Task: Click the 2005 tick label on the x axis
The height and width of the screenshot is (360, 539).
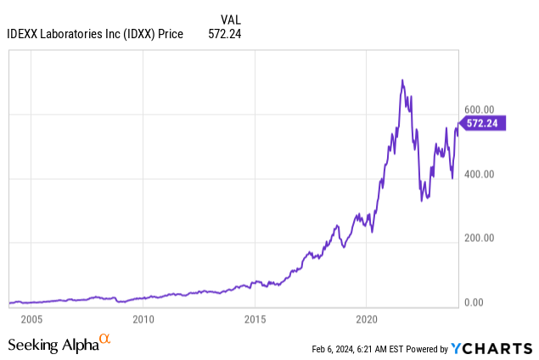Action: (31, 320)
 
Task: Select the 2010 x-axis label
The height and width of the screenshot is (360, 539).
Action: (143, 320)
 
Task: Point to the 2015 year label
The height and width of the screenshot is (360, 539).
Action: (255, 320)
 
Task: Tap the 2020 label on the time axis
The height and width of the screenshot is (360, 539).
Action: (366, 320)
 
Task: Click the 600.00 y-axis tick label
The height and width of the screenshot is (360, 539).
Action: (479, 109)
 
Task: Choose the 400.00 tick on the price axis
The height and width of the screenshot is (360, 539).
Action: (479, 174)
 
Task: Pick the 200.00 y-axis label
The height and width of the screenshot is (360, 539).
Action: (479, 239)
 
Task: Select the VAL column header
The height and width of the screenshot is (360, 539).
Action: (230, 19)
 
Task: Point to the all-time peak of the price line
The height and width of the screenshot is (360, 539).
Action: (401, 80)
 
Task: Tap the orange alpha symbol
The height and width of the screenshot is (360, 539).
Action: (104, 340)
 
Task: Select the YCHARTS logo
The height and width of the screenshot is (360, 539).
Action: (492, 347)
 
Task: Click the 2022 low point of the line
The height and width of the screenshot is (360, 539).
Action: (422, 200)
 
